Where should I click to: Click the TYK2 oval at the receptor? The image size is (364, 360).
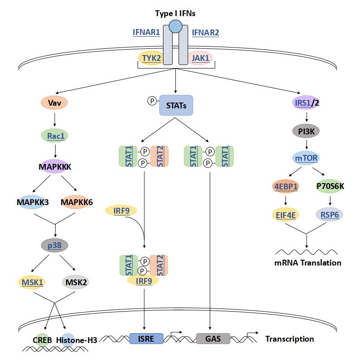pos(150,58)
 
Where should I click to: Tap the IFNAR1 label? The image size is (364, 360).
pos(146,32)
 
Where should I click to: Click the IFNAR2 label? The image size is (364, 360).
pos(205,32)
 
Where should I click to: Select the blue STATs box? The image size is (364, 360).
pos(176,106)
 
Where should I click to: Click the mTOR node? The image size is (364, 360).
pos(307,158)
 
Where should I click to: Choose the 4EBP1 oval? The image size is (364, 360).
pos(286,186)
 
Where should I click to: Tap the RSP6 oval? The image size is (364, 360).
pos(329,215)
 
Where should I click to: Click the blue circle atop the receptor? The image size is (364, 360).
pos(175,26)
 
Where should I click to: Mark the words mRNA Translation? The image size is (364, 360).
pos(308,263)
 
